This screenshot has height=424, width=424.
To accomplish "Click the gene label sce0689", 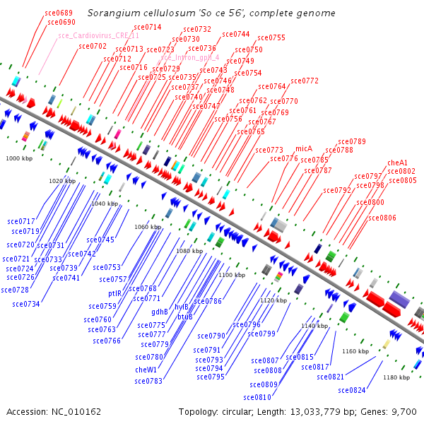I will click(x=58, y=13).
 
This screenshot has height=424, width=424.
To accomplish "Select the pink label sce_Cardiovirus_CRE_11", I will click(x=98, y=35).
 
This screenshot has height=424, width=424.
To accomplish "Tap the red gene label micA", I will click(x=304, y=148).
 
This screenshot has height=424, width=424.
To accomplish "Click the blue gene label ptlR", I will click(x=115, y=293).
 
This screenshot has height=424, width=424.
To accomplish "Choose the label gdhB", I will click(x=160, y=312).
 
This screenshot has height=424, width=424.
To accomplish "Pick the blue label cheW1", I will click(x=146, y=369).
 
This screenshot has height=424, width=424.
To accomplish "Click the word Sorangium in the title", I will click(x=110, y=13).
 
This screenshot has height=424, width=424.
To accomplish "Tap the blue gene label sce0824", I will click(x=352, y=390).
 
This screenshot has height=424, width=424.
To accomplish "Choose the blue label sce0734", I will click(x=26, y=304).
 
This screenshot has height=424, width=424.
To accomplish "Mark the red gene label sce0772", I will click(x=305, y=81).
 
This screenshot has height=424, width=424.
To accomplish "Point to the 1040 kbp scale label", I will click(x=105, y=204).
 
